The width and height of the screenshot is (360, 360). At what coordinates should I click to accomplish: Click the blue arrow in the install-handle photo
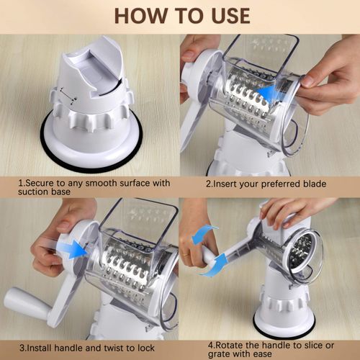tap(73, 249)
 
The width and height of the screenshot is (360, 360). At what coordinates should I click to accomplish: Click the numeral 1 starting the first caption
tap(21, 184)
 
